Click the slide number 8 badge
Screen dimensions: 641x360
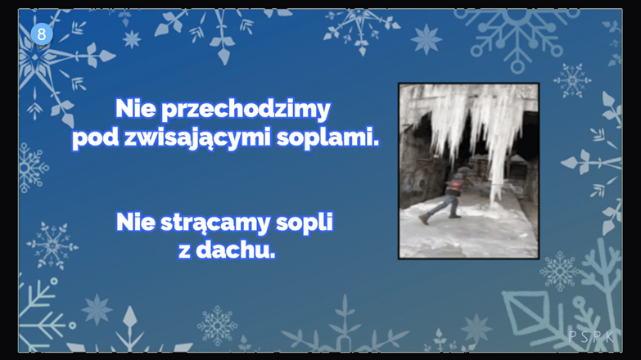pos(42,34)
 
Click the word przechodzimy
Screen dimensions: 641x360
pos(246,110)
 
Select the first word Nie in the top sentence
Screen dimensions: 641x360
pos(135,108)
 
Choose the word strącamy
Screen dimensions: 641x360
pos(215,223)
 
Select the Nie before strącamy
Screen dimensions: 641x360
pos(136,222)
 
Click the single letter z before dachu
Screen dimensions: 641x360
pos(184,252)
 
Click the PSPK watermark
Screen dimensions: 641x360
pos(591,337)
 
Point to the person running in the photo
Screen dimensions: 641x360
pos(447,196)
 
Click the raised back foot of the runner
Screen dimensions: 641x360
pos(424,219)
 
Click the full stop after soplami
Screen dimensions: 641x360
pos(376,143)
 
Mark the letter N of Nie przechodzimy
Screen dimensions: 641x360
pos(124,108)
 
